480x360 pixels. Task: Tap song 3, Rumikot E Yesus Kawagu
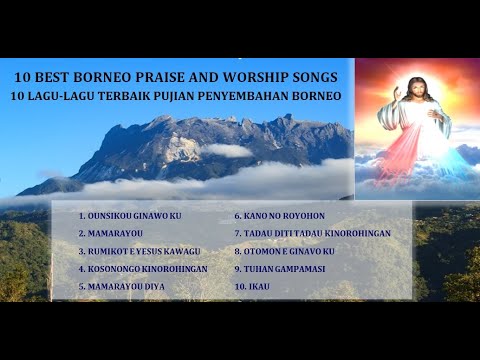[x=139, y=251]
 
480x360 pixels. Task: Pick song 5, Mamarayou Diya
[x=121, y=287]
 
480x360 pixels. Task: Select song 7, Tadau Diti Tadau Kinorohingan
[x=312, y=233]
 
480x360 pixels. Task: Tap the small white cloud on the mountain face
[x=227, y=150]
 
